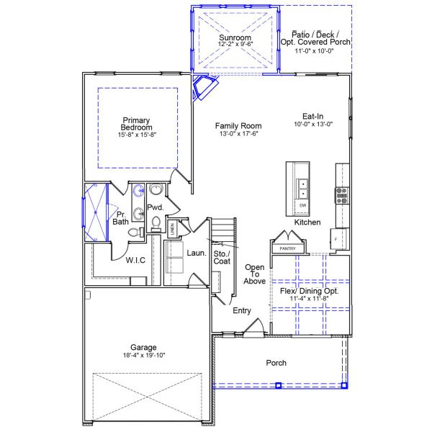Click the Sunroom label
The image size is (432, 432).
tap(235, 37)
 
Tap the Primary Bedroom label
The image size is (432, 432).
tap(137, 124)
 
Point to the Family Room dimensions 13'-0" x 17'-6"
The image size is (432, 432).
tap(237, 134)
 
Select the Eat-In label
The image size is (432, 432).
tap(316, 115)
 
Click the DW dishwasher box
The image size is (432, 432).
tap(303, 206)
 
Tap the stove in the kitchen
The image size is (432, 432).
tap(341, 194)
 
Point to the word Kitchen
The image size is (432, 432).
tap(307, 222)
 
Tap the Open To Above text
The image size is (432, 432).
tap(255, 274)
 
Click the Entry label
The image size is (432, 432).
tap(241, 311)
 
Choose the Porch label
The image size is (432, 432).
tap(276, 363)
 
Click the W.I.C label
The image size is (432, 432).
tap(136, 260)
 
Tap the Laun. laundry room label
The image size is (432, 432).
tap(197, 253)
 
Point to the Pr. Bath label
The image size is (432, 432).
tap(120, 218)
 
